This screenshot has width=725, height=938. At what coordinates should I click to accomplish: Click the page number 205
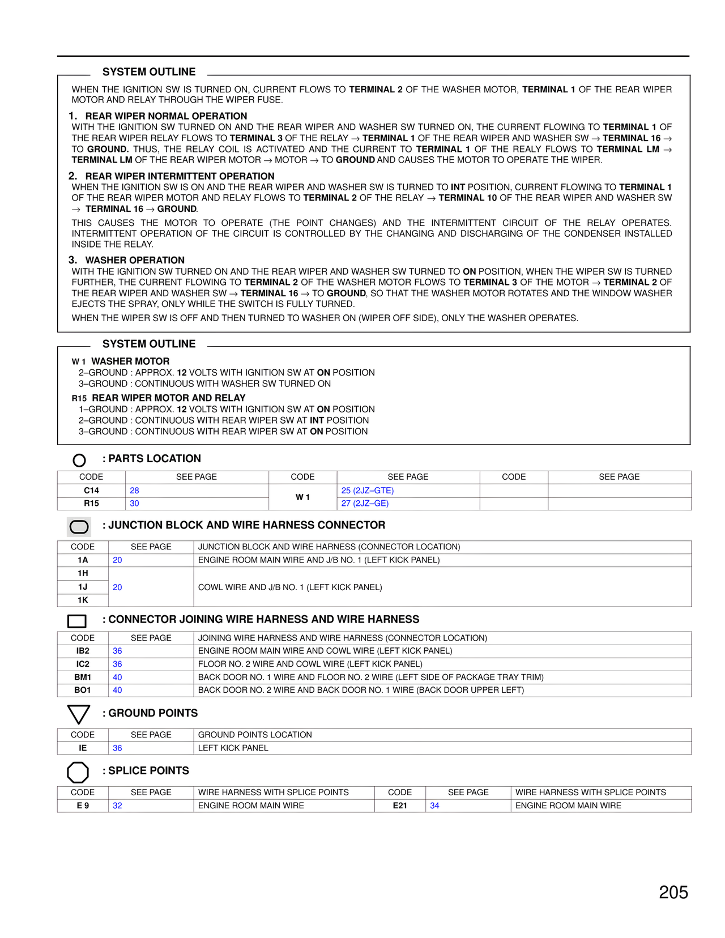[673, 892]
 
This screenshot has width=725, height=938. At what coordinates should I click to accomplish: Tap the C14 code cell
[91, 491]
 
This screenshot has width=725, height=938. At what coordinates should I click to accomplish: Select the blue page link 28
[134, 491]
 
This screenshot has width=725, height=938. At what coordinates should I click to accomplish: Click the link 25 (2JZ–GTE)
[367, 491]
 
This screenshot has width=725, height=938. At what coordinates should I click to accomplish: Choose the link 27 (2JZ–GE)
[365, 503]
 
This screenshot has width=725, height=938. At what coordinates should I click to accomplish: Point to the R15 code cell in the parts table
[91, 503]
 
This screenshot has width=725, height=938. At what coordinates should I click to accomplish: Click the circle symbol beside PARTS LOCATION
[79, 460]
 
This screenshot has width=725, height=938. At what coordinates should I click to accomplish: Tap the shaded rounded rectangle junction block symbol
[79, 527]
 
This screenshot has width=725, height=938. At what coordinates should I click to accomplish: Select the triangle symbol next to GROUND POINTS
[78, 714]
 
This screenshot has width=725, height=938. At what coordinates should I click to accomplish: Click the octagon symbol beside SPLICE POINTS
[78, 772]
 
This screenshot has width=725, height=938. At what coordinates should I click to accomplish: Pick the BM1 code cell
[83, 677]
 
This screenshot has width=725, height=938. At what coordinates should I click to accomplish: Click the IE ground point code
[83, 748]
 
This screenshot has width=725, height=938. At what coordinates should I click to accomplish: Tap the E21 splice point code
[400, 805]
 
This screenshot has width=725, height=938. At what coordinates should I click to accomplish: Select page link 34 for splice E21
[434, 805]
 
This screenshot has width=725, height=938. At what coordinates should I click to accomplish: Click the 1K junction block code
[83, 600]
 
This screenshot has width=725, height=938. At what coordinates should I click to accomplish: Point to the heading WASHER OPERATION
[135, 260]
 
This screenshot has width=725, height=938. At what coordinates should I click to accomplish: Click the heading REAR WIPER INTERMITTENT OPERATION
[180, 176]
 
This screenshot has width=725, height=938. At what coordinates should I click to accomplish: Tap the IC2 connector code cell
[83, 664]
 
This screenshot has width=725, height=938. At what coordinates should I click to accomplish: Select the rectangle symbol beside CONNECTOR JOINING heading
[77, 621]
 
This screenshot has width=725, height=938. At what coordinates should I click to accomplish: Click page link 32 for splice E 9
[117, 805]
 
